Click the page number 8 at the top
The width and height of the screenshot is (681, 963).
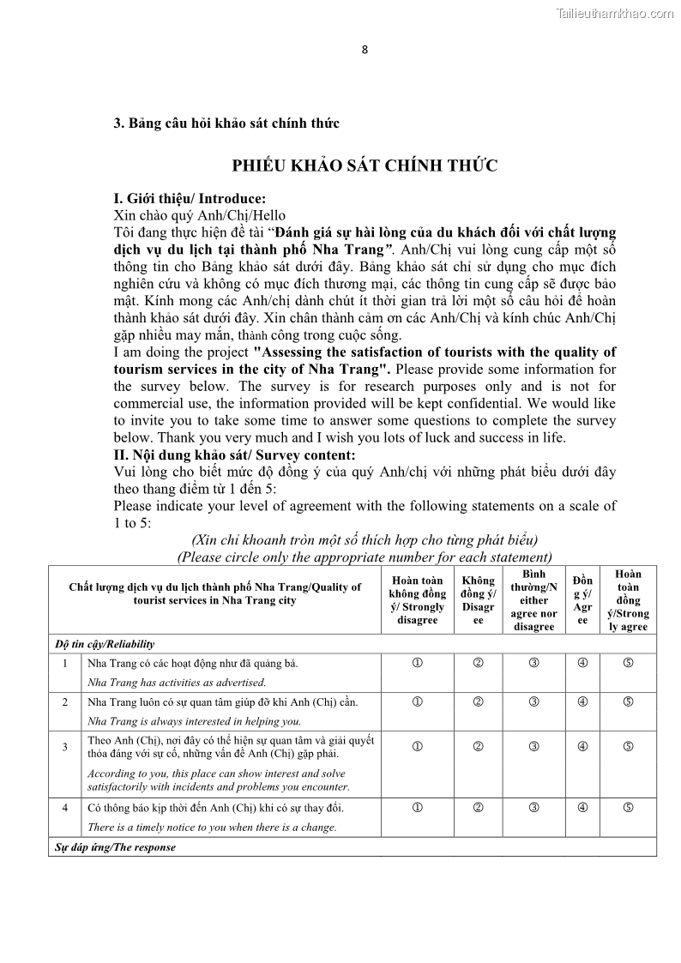tap(365, 49)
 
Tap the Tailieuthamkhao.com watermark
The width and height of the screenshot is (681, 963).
tap(614, 13)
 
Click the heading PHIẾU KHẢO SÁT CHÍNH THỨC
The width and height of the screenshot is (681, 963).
tap(365, 166)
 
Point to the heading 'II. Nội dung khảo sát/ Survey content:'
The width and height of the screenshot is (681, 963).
tap(234, 455)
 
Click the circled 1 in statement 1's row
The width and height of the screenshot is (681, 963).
tap(418, 664)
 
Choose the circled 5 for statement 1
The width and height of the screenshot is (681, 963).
tap(628, 664)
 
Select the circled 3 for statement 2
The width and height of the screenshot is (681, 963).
tap(533, 702)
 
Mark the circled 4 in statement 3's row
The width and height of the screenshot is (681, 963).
tap(582, 746)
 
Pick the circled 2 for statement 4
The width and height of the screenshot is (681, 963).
tap(479, 808)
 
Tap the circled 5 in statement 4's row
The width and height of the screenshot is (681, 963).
tap(628, 808)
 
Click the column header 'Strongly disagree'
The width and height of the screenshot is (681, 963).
tap(418, 600)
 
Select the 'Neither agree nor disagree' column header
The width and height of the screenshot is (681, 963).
tap(533, 600)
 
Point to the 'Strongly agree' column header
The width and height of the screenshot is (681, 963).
tap(628, 600)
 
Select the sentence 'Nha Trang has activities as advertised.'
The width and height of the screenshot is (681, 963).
tap(177, 683)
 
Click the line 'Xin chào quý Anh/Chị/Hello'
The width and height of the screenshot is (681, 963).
tap(200, 215)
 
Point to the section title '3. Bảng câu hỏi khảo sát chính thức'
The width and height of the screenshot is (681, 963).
tap(226, 123)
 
